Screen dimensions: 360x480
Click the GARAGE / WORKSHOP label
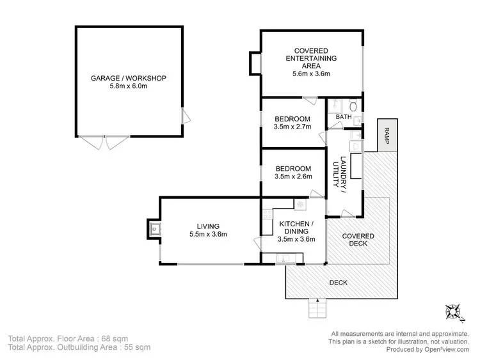click(x=129, y=78)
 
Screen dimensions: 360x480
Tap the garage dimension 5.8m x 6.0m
click(x=129, y=86)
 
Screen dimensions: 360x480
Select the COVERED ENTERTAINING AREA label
click(x=311, y=58)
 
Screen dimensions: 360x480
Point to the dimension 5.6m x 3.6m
click(x=311, y=74)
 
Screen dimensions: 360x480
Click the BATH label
click(x=344, y=116)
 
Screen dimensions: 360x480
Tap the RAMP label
click(x=387, y=135)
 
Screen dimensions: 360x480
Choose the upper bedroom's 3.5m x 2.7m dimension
click(x=292, y=127)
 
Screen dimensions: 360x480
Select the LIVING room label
click(x=208, y=226)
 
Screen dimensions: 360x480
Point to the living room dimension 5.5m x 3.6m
click(x=208, y=234)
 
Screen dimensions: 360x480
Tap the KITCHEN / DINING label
click(x=296, y=227)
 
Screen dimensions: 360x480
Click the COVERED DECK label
click(x=358, y=240)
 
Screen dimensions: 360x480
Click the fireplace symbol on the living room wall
click(x=154, y=228)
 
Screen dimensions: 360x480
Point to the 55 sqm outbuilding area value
click(x=137, y=348)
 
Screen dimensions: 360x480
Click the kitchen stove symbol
click(x=299, y=204)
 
